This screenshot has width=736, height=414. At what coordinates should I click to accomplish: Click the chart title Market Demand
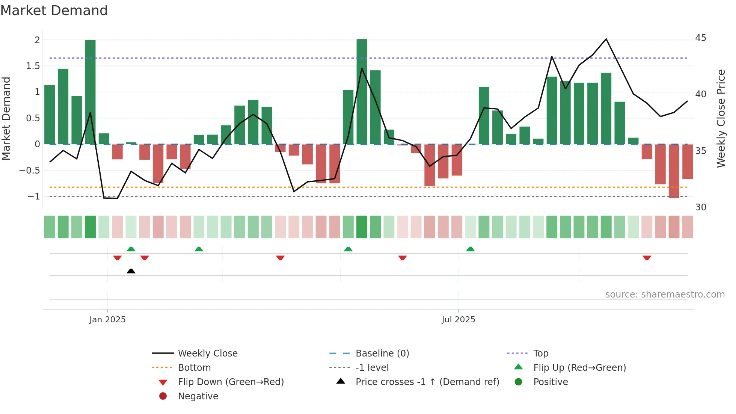pos(54,11)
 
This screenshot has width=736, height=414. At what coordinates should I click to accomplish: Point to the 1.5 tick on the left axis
pos(33,66)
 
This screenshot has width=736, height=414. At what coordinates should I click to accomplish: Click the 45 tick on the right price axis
pos(700,38)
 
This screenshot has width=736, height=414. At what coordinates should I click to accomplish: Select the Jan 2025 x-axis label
pos(107,320)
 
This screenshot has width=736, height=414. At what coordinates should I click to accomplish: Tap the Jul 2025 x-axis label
pos(458,320)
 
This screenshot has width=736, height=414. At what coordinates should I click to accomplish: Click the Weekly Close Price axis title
pos(721,118)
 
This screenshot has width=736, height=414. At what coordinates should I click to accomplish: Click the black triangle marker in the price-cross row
pos(131,271)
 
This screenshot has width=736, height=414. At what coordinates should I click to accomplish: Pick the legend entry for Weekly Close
pos(207,354)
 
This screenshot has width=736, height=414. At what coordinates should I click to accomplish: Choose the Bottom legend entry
pos(194,368)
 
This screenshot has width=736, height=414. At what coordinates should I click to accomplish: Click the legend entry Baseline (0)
pos(382,354)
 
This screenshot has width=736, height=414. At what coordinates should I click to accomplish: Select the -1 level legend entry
pos(372,368)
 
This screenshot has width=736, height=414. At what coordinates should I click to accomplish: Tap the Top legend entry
pos(541,354)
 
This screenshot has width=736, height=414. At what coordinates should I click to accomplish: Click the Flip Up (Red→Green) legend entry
pos(579,368)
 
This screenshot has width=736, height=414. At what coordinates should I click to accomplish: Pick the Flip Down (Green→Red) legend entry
pos(231,382)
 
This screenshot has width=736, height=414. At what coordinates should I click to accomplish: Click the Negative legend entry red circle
pos(163,396)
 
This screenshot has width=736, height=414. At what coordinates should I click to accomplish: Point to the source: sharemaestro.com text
pos(665,295)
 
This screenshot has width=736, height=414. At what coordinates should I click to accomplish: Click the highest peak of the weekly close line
pos(606,39)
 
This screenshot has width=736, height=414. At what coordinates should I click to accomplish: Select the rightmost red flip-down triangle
pos(647,258)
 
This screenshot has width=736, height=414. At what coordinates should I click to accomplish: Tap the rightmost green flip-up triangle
pos(470,249)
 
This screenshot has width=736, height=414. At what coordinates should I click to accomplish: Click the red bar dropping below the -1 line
pos(674,171)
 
